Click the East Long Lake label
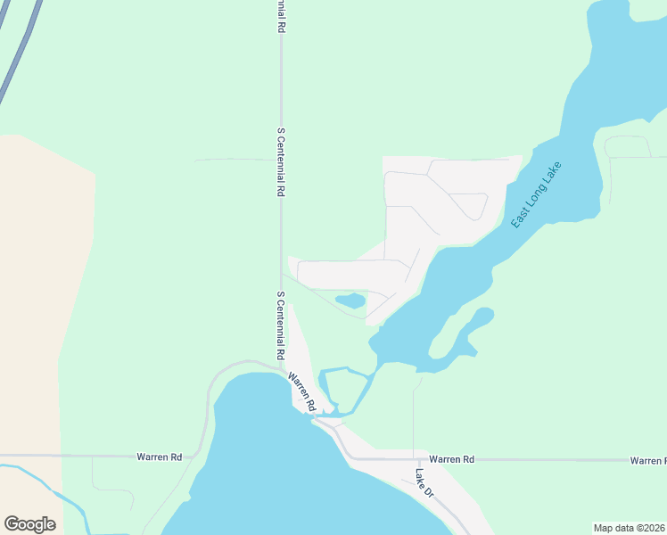537,195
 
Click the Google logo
29,523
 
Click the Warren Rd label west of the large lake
159,457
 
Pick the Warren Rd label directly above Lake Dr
451,459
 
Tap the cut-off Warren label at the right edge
647,461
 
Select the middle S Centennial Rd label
280,161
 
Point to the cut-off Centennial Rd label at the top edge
280,16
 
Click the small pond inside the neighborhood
350,300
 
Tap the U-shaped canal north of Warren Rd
343,393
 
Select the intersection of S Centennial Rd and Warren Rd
281,366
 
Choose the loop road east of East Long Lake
629,147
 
